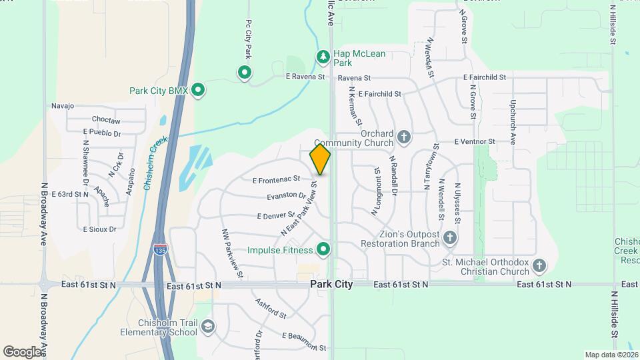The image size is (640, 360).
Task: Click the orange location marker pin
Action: point(321,159)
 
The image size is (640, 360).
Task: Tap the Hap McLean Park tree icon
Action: point(323,57)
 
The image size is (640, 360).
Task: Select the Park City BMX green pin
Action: point(197,90)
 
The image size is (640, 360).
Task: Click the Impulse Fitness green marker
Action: point(323,249)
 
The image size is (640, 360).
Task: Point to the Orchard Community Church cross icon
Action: point(403,137)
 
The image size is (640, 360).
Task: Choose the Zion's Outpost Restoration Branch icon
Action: point(450,237)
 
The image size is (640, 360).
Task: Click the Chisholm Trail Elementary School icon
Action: point(208,326)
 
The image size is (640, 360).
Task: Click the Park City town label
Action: point(331,284)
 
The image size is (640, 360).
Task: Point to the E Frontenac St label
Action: point(277,179)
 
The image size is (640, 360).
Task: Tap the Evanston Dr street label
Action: point(286,196)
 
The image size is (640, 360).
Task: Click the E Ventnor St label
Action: point(475,141)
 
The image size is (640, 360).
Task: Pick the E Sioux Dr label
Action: point(99,229)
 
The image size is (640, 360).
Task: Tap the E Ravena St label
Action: point(305,77)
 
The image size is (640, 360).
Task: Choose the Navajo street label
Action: point(62,106)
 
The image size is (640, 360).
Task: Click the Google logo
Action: point(22,352)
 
